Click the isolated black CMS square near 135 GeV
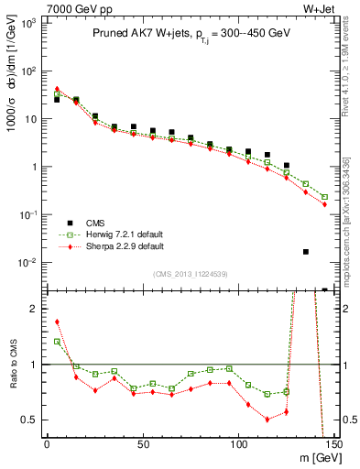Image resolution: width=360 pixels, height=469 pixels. pyautogui.click(x=306, y=251)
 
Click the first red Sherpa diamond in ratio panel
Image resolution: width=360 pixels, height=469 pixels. pyautogui.click(x=57, y=322)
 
